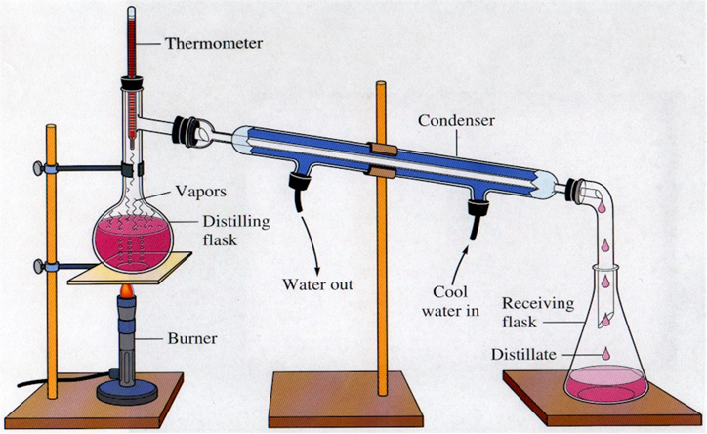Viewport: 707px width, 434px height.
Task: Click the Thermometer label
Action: [213, 44]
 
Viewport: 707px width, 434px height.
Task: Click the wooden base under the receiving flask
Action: [605, 411]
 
